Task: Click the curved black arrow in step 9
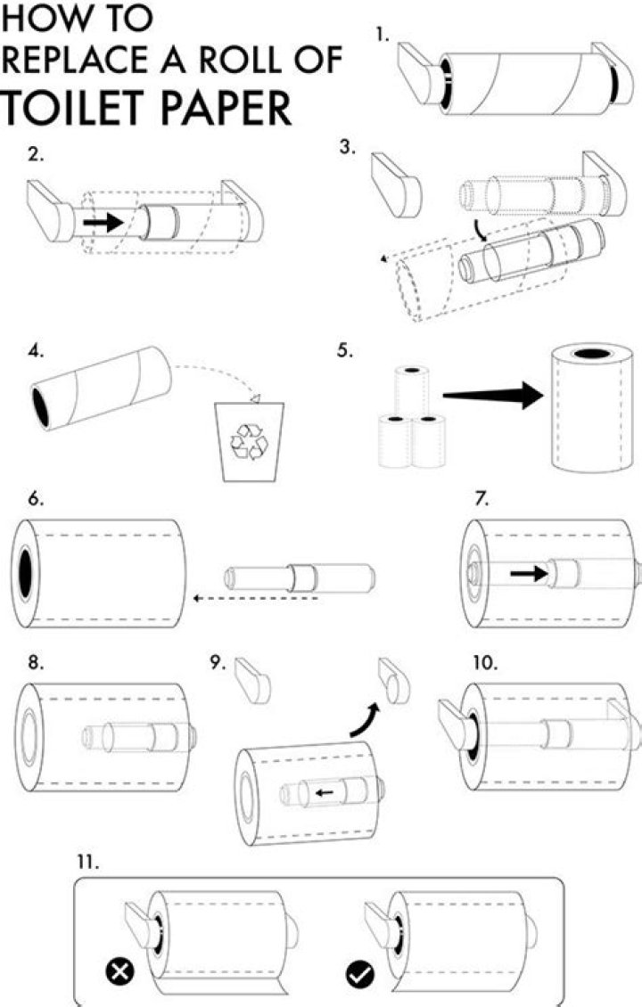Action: (364, 719)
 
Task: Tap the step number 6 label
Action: (37, 498)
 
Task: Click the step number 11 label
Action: (87, 862)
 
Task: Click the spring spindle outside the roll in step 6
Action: (297, 577)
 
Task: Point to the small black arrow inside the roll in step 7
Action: (529, 574)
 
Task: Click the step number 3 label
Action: (348, 149)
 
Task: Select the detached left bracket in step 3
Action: (394, 184)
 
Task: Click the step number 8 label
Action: (37, 663)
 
